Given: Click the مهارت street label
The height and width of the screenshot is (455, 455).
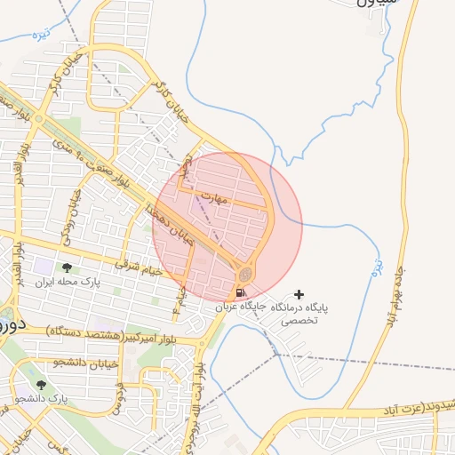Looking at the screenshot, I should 215,198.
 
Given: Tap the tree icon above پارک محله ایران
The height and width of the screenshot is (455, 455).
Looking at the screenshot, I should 68,267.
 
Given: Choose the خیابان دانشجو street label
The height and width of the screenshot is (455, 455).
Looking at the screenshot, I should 55,363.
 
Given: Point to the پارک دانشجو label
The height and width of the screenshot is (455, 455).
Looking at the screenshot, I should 41,399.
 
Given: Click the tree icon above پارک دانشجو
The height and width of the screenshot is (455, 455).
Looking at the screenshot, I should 41,385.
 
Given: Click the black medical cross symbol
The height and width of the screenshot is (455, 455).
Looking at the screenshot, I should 299,293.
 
